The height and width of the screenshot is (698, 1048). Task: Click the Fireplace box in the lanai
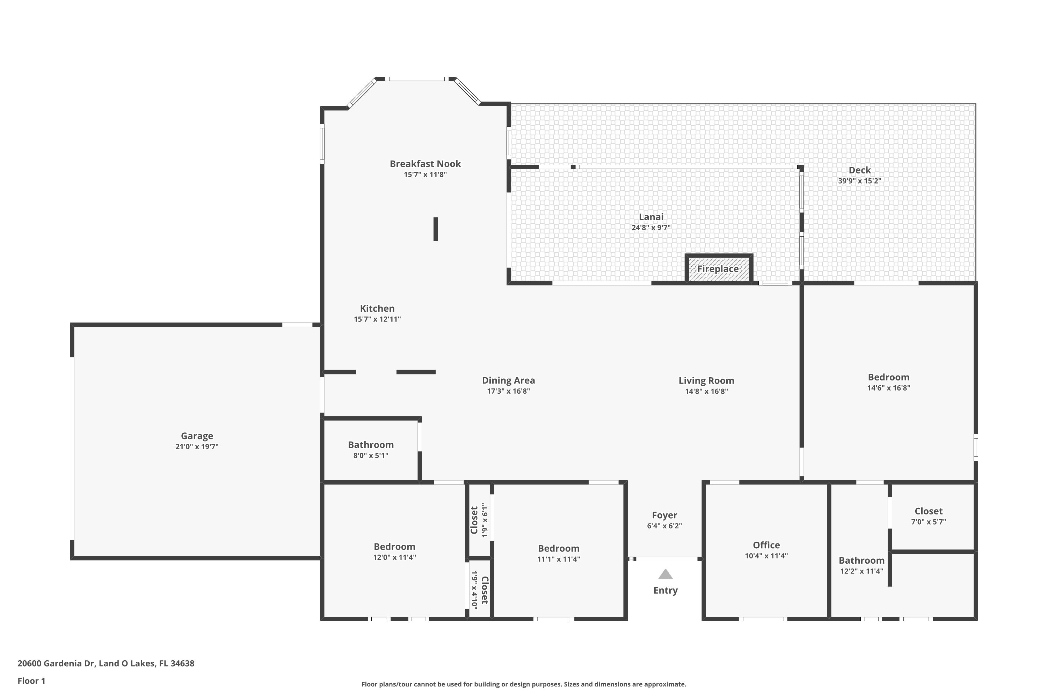718,269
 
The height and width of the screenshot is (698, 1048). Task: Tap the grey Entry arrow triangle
665,575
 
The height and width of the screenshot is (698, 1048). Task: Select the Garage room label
197,436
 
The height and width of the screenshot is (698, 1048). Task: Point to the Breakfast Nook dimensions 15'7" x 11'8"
425,174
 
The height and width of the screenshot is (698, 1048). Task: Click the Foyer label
664,515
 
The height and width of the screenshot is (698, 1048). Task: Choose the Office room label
766,545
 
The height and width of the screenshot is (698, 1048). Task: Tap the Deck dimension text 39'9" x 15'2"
859,181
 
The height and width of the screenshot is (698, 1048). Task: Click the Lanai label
651,217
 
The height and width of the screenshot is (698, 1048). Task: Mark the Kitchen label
377,308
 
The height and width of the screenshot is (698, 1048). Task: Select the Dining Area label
508,380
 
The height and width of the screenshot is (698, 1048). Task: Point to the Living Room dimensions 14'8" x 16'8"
706,391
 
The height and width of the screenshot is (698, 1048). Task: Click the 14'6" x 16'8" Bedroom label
888,377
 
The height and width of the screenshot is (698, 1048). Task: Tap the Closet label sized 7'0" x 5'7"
929,511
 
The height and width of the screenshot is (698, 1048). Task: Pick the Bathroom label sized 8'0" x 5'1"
371,445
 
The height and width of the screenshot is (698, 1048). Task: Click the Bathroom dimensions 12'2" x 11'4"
861,571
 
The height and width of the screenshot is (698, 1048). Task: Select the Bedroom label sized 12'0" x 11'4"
394,547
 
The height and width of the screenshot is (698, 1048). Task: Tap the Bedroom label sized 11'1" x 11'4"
558,548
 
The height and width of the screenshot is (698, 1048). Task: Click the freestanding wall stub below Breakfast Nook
436,229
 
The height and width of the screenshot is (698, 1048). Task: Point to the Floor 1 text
31,681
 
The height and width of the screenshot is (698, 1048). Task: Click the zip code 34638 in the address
182,663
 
